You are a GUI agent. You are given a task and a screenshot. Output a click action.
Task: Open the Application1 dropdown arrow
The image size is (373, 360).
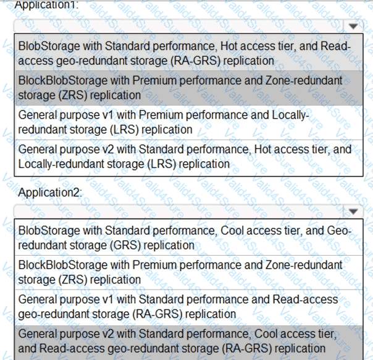point(353,27)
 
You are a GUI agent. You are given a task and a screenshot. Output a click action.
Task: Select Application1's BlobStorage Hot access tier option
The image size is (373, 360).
point(185,54)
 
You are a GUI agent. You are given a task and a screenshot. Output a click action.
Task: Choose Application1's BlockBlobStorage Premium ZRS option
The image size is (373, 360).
point(185,88)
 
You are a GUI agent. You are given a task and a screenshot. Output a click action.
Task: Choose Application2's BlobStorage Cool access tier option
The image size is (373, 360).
point(185,238)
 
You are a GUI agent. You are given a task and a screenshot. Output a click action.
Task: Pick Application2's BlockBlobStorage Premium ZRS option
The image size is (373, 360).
point(185,272)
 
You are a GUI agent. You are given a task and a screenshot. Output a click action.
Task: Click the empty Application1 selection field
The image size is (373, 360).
point(179,27)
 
